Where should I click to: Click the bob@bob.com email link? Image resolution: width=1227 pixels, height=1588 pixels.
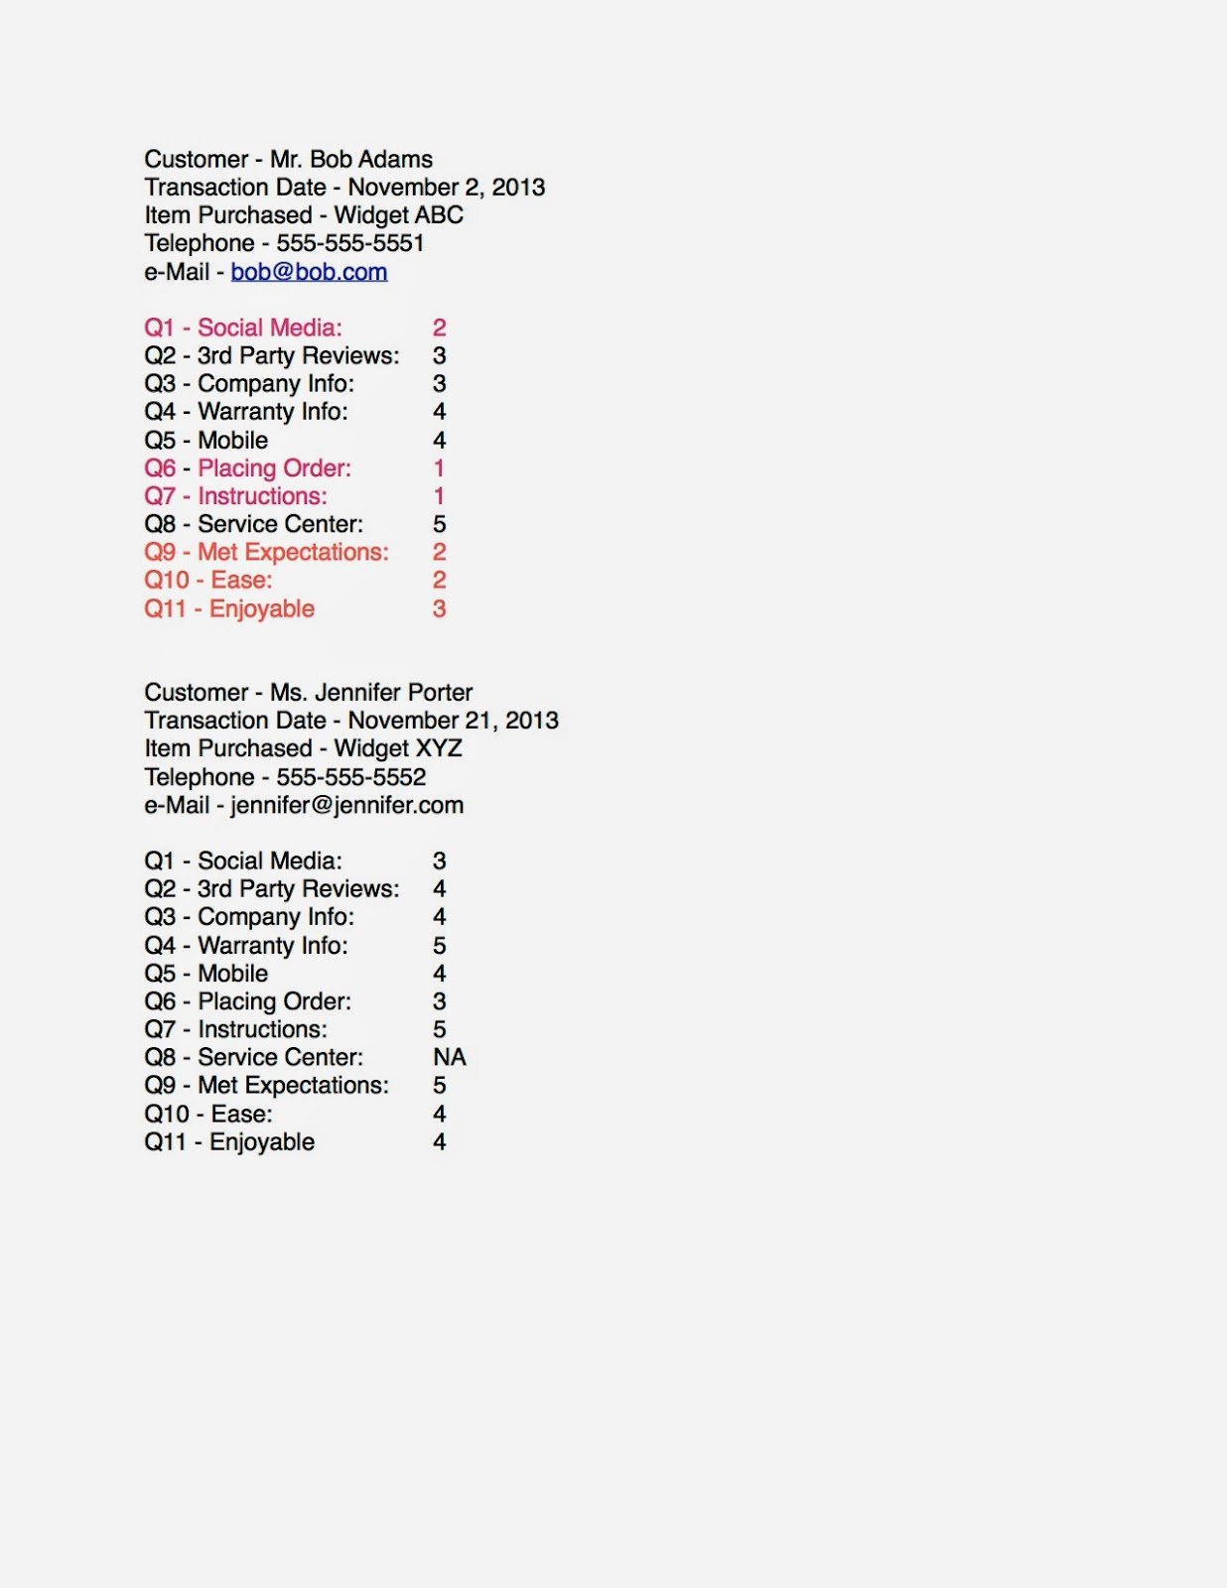tap(309, 272)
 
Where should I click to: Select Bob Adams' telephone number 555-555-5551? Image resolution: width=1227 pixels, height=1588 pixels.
tap(350, 243)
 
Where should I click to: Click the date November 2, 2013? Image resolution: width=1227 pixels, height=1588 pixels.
tap(446, 188)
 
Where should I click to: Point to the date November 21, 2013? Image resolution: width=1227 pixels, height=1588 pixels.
tap(453, 721)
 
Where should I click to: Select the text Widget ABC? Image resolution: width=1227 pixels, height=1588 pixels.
tap(398, 215)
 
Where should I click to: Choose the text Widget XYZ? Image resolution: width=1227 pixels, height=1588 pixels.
tap(398, 748)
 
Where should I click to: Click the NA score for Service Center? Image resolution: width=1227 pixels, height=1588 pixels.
tap(450, 1057)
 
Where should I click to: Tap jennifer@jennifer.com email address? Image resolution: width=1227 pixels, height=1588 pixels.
tap(346, 805)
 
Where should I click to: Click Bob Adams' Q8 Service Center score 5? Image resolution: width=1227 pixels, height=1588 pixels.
tap(439, 524)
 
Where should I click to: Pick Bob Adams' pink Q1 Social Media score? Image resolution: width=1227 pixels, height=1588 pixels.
tap(439, 328)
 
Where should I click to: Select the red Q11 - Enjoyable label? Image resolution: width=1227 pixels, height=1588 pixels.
tap(229, 609)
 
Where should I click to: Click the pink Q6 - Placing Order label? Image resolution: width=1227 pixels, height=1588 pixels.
tap(247, 468)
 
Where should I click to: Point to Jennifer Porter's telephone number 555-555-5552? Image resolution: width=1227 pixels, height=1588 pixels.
tap(350, 777)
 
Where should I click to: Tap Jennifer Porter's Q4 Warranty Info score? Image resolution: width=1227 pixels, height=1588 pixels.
tap(439, 946)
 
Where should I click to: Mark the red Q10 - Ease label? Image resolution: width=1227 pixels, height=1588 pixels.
tap(207, 581)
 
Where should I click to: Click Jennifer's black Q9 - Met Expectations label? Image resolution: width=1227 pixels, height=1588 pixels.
tap(266, 1086)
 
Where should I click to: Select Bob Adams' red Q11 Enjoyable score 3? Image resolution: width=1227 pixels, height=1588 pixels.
tap(439, 609)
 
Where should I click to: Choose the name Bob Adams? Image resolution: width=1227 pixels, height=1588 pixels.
tap(371, 160)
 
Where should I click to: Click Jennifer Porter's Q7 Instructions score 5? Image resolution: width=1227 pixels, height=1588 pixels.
tap(439, 1029)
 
